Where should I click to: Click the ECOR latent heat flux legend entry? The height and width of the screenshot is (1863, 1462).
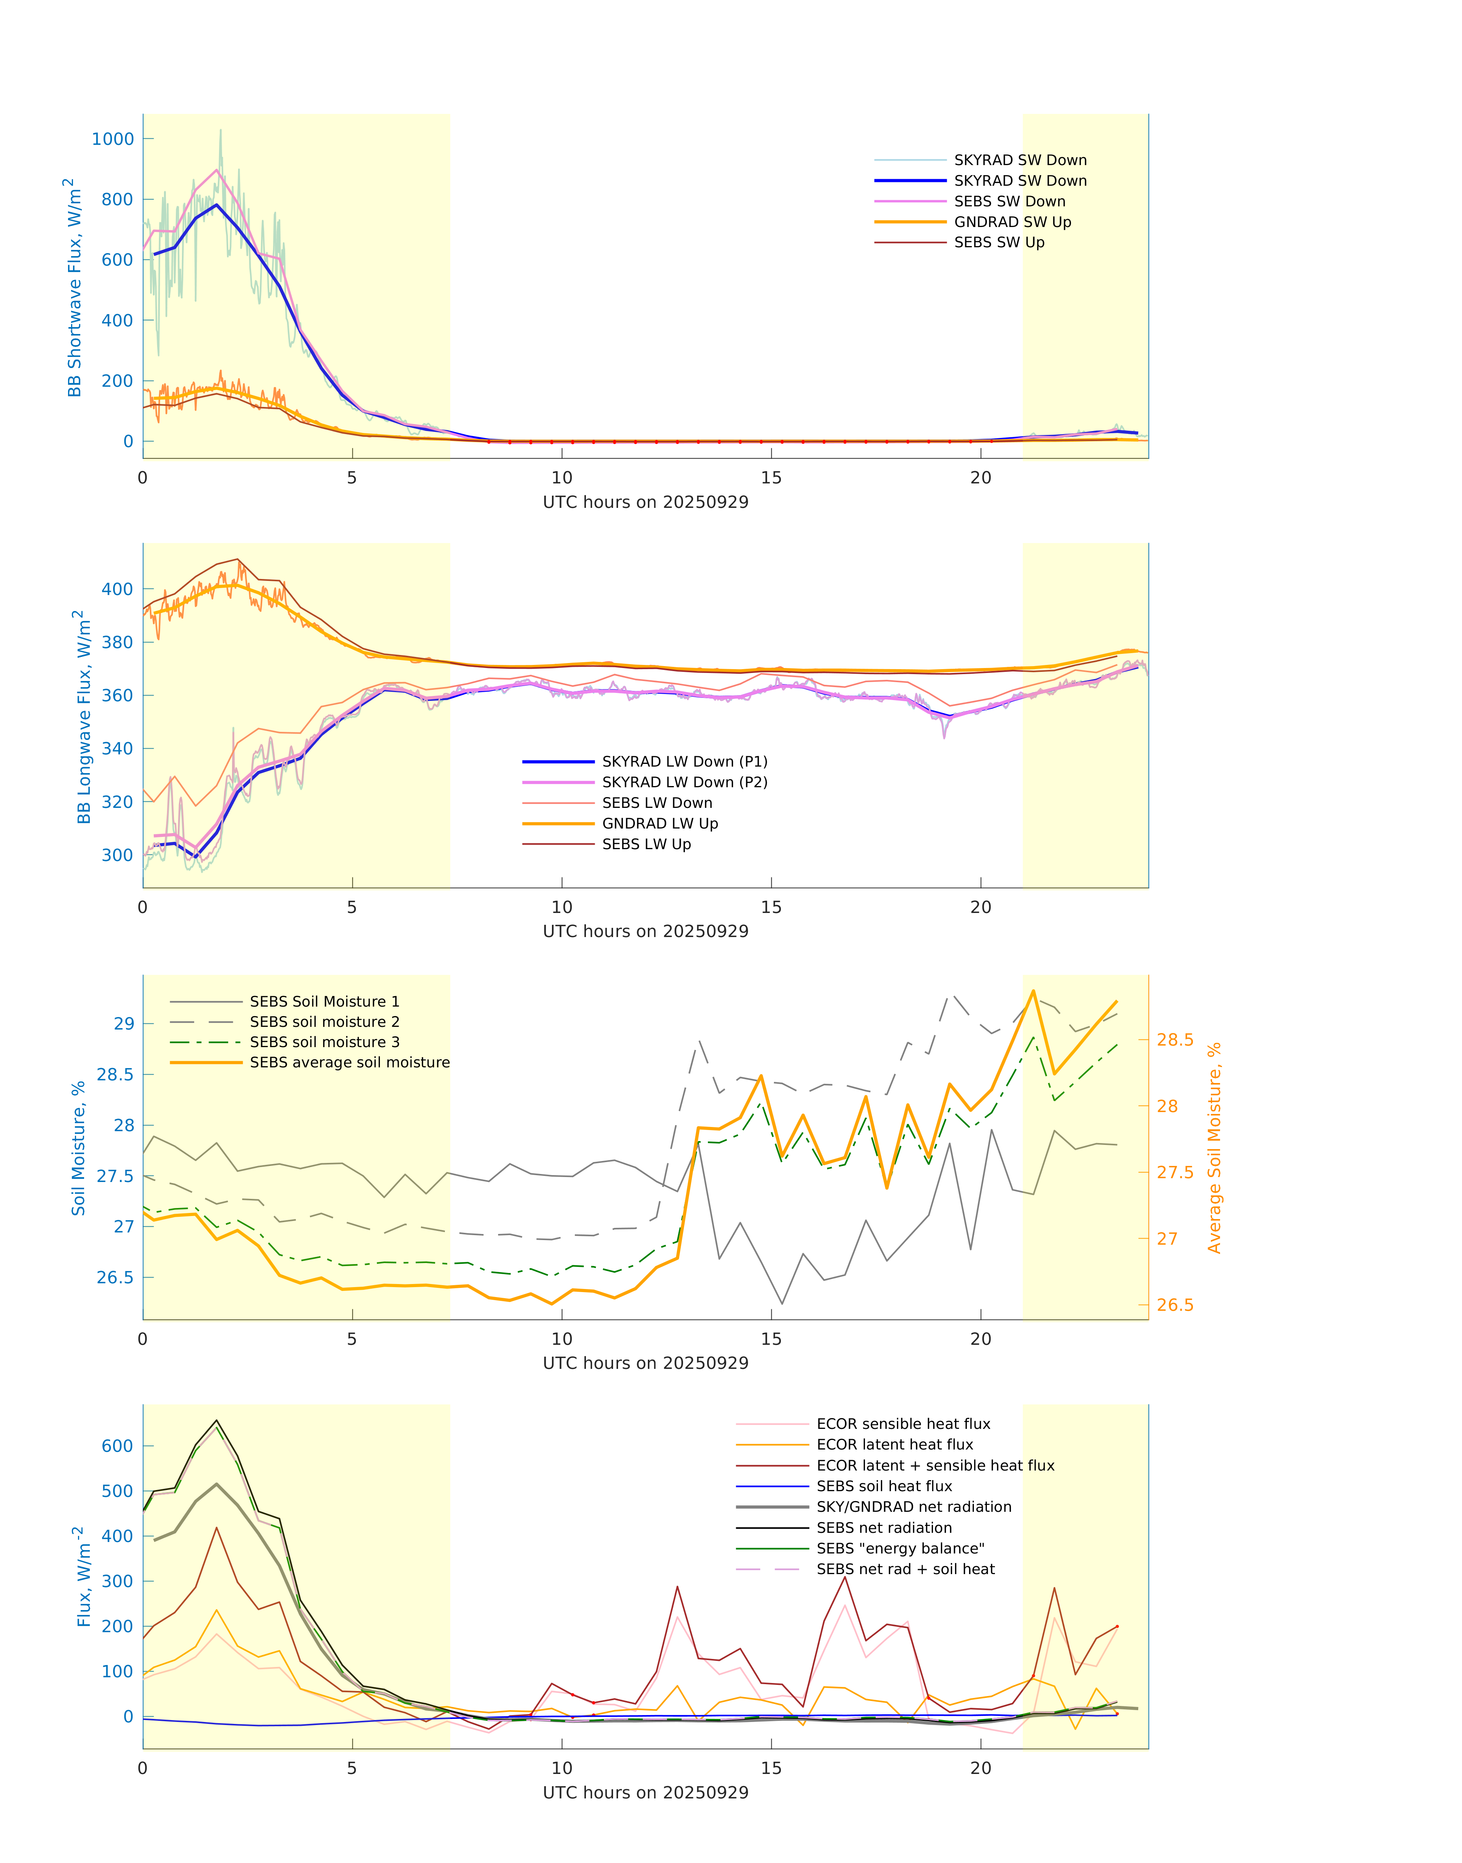click(894, 1445)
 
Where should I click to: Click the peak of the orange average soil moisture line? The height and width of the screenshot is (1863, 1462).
click(1033, 991)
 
